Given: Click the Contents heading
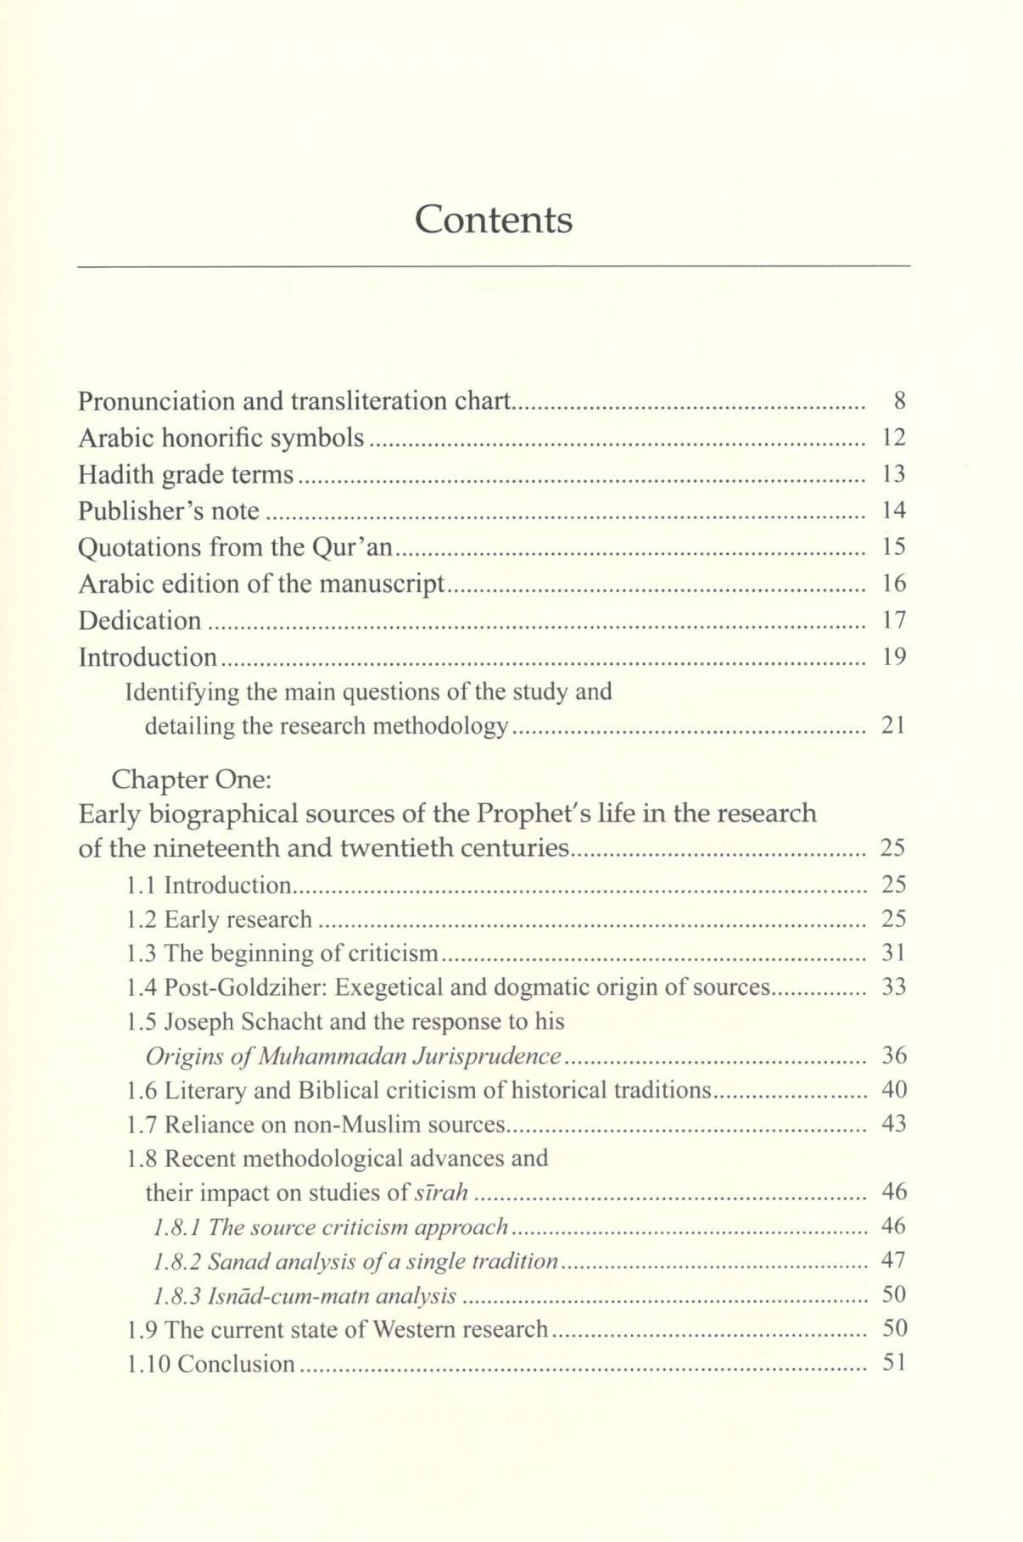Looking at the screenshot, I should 494,220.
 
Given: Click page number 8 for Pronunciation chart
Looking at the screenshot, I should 901,401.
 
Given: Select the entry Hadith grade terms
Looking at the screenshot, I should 186,475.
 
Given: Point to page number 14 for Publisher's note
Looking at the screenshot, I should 894,511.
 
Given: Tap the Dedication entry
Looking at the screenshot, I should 140,621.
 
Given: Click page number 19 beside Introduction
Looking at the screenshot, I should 894,656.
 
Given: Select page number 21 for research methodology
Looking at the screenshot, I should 893,726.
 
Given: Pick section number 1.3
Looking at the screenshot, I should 141,954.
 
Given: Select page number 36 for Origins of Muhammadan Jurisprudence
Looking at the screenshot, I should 894,1056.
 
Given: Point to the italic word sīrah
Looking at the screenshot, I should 440,1193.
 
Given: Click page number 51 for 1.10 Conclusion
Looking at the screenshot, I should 894,1364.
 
